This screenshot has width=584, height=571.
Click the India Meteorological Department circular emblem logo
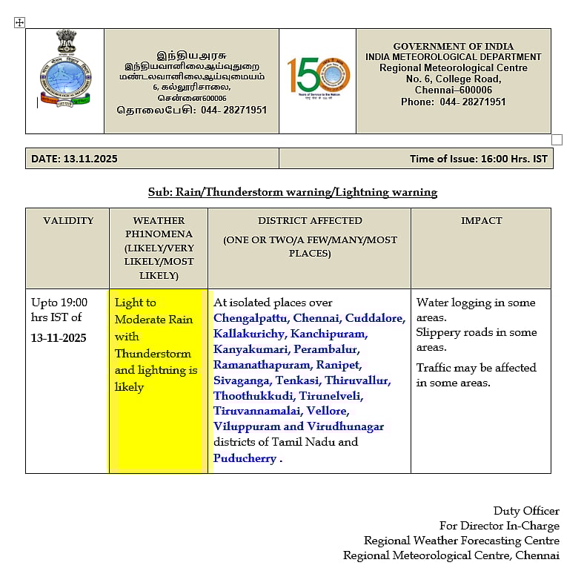[x=64, y=70]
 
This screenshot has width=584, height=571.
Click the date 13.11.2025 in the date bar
[x=90, y=159]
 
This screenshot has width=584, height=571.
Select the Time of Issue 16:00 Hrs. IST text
[x=478, y=159]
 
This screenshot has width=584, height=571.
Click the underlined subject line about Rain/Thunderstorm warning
[x=293, y=192]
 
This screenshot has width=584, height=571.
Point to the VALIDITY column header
[x=68, y=220]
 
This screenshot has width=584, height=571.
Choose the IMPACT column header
[x=481, y=220]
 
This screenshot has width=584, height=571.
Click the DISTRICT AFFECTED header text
[x=310, y=220]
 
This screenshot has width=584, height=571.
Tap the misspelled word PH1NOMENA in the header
[x=159, y=234]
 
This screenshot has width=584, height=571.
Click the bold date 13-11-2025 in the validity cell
[x=59, y=337]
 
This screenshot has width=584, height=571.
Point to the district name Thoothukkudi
[x=253, y=395]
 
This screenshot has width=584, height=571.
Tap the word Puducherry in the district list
[x=245, y=458]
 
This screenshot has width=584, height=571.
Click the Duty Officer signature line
[x=526, y=511]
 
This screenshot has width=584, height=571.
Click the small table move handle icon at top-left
[x=20, y=23]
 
